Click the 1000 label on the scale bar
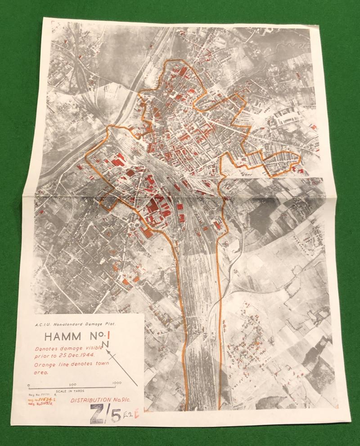pos(116,382)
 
